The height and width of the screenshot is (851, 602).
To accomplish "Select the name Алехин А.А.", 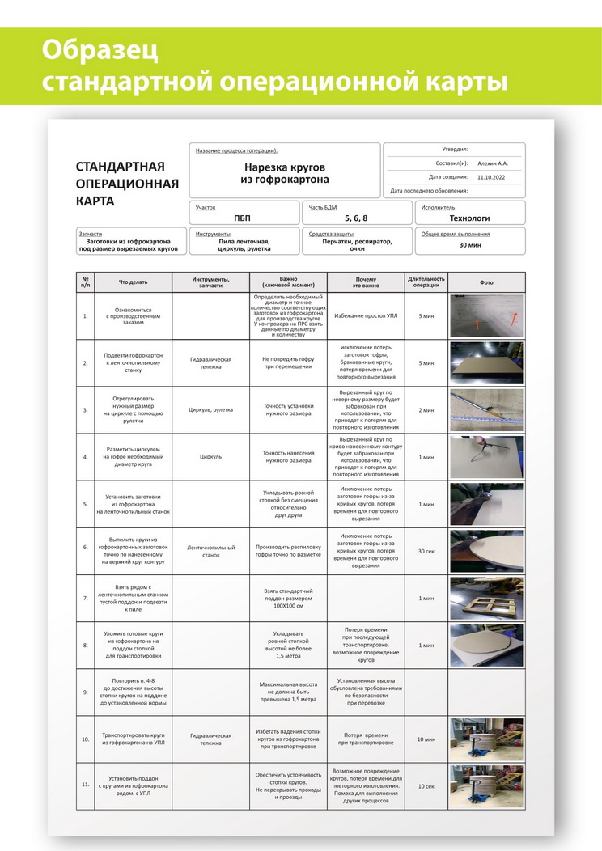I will pos(493,163).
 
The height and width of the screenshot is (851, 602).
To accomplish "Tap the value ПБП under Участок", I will pos(243,218).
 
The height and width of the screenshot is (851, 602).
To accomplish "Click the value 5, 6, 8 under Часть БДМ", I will pos(356,218).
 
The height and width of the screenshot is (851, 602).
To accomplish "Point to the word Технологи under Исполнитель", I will pos(470,218).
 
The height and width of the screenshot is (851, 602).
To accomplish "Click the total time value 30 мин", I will pos(470,244).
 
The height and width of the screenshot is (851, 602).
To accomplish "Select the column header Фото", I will pos(486,282).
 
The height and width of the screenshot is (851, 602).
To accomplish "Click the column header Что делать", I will pos(134,282).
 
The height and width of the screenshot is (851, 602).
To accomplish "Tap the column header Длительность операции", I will pos(426,282).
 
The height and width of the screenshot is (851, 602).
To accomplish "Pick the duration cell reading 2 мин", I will pos(426,410).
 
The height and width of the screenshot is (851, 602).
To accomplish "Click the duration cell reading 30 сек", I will pos(426,551).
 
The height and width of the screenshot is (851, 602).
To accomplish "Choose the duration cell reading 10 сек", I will pos(426,786).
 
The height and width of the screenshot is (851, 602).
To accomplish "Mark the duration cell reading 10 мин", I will pos(426,739).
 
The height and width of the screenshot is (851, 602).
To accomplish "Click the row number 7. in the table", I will pos(85,598).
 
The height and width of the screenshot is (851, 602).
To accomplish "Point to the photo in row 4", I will pos(486,457).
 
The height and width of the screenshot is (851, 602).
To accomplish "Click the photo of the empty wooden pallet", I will pos(486,598).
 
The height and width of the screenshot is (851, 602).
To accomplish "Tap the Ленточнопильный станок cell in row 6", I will pos(211,551).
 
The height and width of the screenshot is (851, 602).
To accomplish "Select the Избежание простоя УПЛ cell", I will pos(366,315).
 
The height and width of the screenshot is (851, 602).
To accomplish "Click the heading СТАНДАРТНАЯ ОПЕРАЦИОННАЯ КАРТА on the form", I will pos(126,183).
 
